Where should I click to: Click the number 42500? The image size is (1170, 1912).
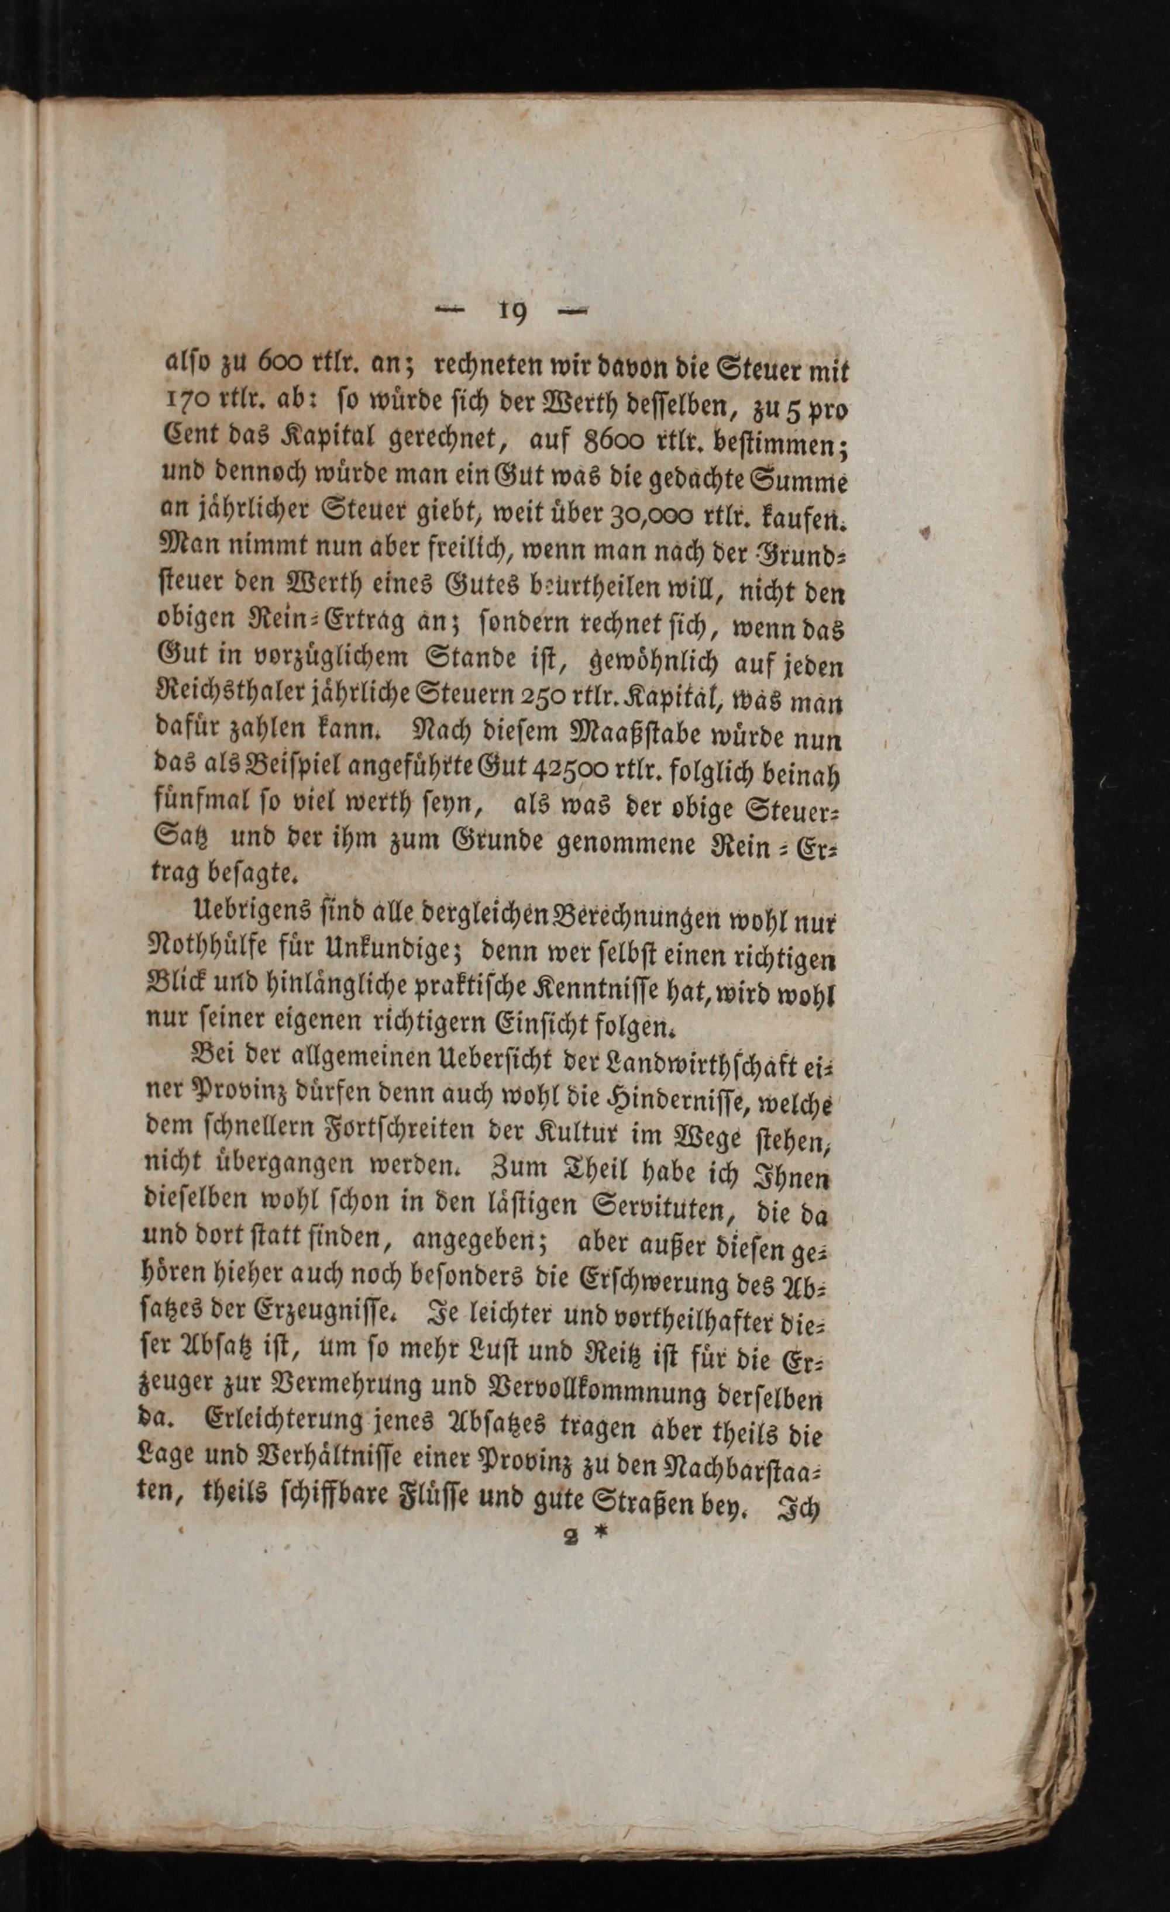coord(572,768)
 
